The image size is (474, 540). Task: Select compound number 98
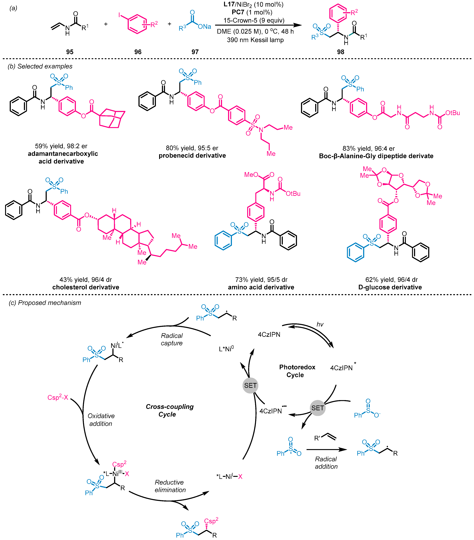[340, 52]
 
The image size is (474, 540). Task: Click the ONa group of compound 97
[204, 27]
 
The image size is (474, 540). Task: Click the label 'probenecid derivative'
[192, 156]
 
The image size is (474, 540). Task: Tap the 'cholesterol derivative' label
[86, 287]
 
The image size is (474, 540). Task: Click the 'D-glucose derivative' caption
[390, 287]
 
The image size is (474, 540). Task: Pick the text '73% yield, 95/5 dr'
[261, 279]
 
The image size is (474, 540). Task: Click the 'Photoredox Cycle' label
[297, 371]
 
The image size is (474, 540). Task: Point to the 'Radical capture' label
[172, 339]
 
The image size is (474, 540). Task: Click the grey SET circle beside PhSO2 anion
[317, 408]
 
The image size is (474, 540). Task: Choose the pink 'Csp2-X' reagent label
[58, 397]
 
